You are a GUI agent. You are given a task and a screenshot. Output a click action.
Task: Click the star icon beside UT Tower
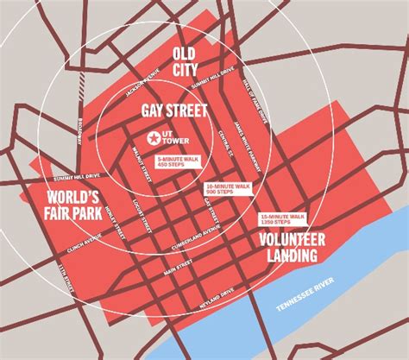tap(154, 137)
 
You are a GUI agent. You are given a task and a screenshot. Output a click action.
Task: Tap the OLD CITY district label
tap(186, 60)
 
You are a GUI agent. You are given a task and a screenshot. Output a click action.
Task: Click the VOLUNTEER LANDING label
tap(290, 246)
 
